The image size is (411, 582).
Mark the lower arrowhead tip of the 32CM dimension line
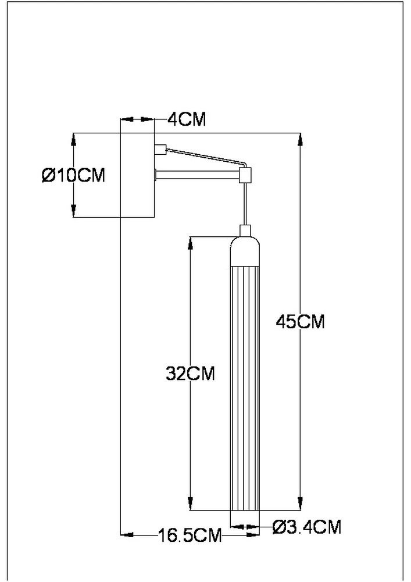[x=191, y=510]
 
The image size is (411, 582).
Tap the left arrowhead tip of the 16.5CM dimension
[x=121, y=535]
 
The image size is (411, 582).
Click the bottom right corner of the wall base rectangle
[x=154, y=217]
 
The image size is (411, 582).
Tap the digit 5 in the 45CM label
[x=292, y=321]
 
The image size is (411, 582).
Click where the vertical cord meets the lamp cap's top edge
[x=245, y=225]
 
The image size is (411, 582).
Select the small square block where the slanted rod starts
[x=160, y=149]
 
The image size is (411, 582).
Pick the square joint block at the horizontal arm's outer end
[x=245, y=175]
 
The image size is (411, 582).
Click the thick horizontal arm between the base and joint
[x=198, y=175]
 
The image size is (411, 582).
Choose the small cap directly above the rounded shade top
[x=245, y=230]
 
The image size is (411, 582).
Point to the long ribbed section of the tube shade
[x=245, y=388]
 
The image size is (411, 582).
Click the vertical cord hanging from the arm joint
[x=245, y=203]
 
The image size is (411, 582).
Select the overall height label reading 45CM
[x=300, y=321]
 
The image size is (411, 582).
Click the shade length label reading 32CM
[x=190, y=374]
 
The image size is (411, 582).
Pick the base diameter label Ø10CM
[x=73, y=175]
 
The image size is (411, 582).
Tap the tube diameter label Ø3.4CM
[x=306, y=527]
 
